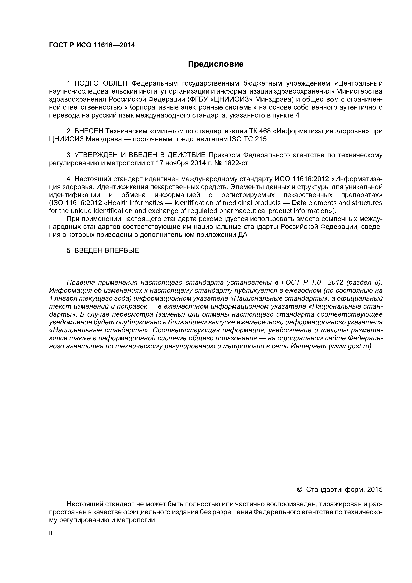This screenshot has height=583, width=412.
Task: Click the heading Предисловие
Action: [x=215, y=64]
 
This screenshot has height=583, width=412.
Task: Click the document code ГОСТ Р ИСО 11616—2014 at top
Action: [x=92, y=45]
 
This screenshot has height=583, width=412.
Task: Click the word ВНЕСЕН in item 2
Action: [x=89, y=131]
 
